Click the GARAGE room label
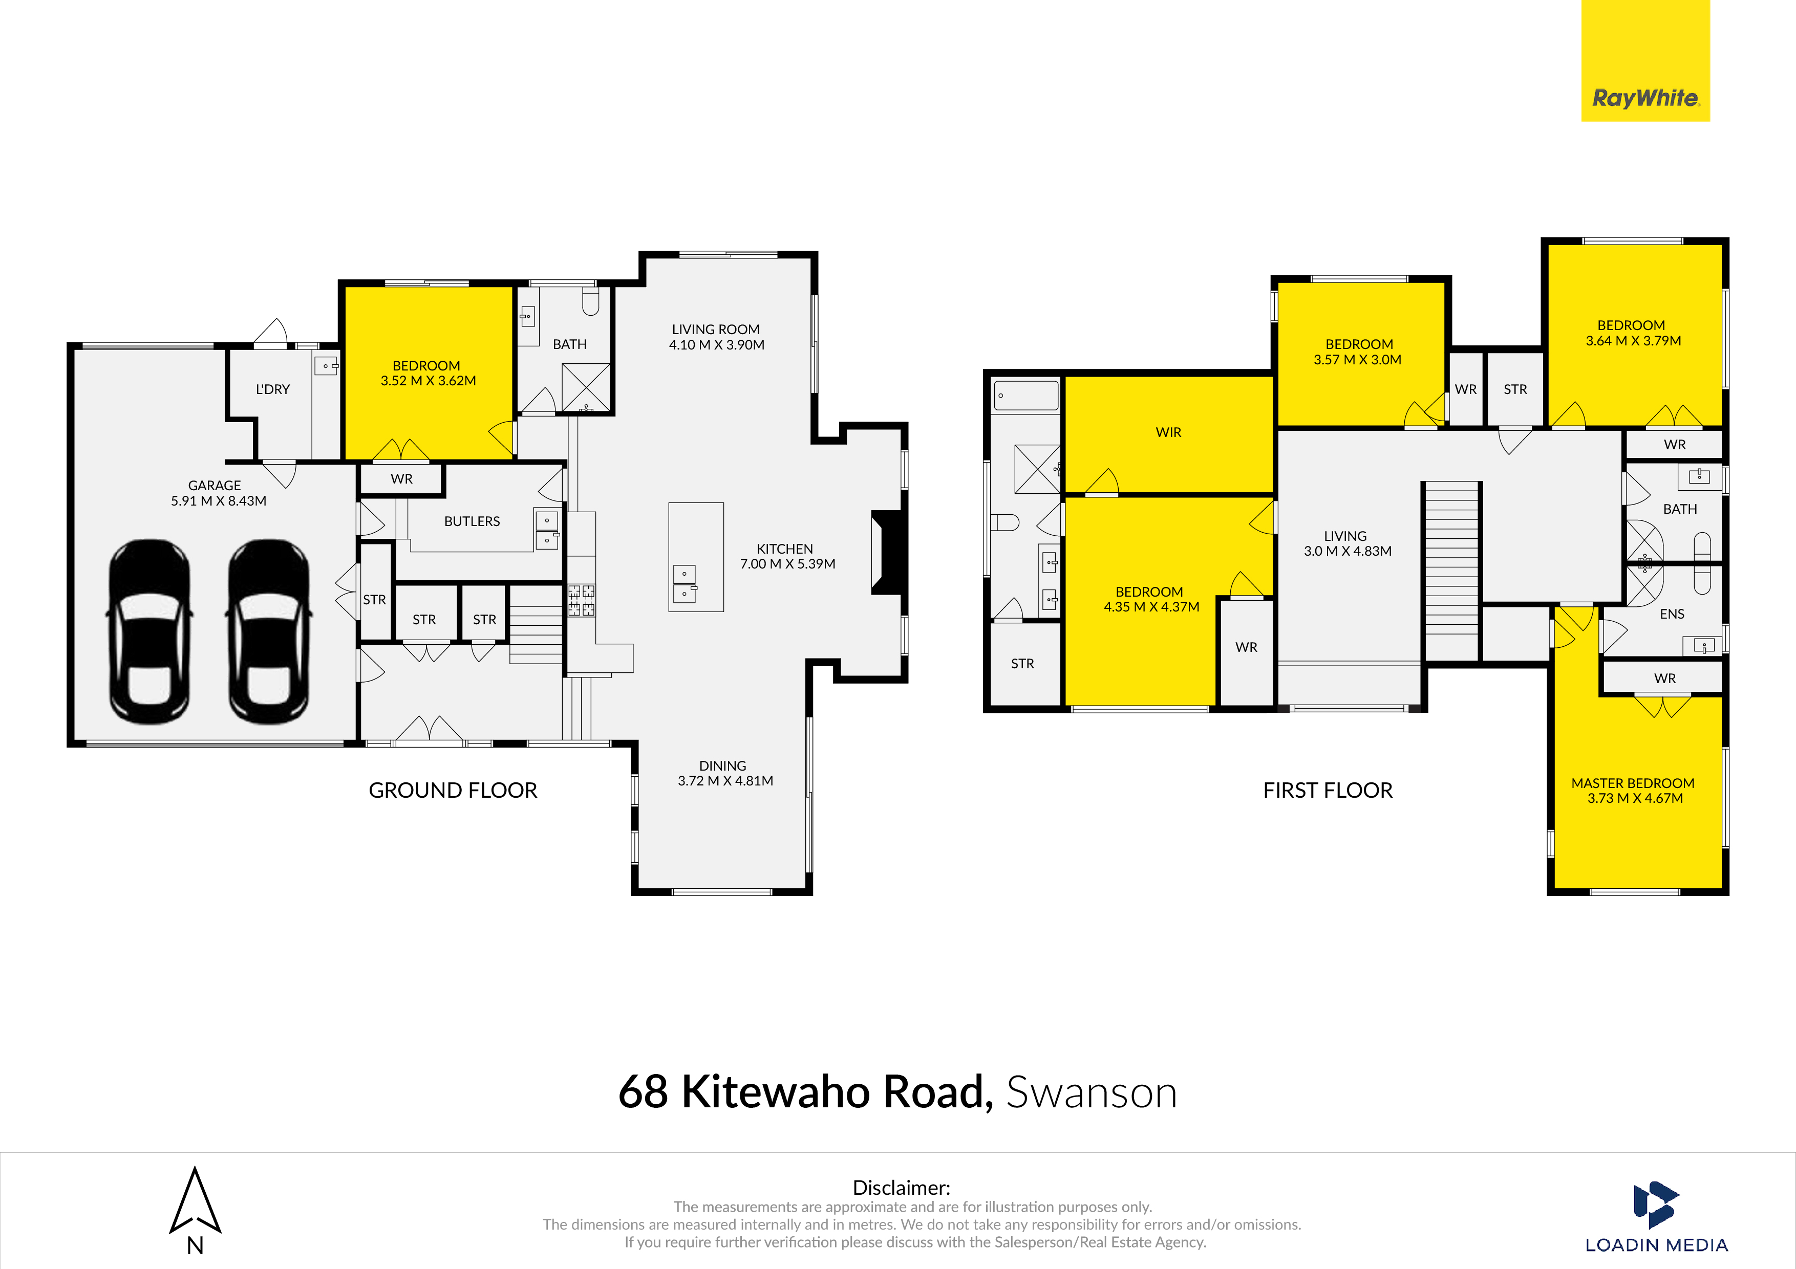click(215, 486)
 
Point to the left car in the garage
click(149, 630)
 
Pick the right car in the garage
click(268, 630)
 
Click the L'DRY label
click(273, 389)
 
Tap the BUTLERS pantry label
click(472, 521)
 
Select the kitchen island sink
click(685, 584)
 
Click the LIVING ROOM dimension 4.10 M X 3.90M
click(717, 345)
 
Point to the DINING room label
click(723, 766)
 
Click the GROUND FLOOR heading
click(453, 791)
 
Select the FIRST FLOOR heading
click(1328, 791)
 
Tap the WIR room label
click(1169, 432)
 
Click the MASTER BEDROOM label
click(1633, 783)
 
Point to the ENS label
click(1673, 615)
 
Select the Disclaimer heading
click(901, 1188)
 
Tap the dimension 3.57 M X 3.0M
click(1358, 360)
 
